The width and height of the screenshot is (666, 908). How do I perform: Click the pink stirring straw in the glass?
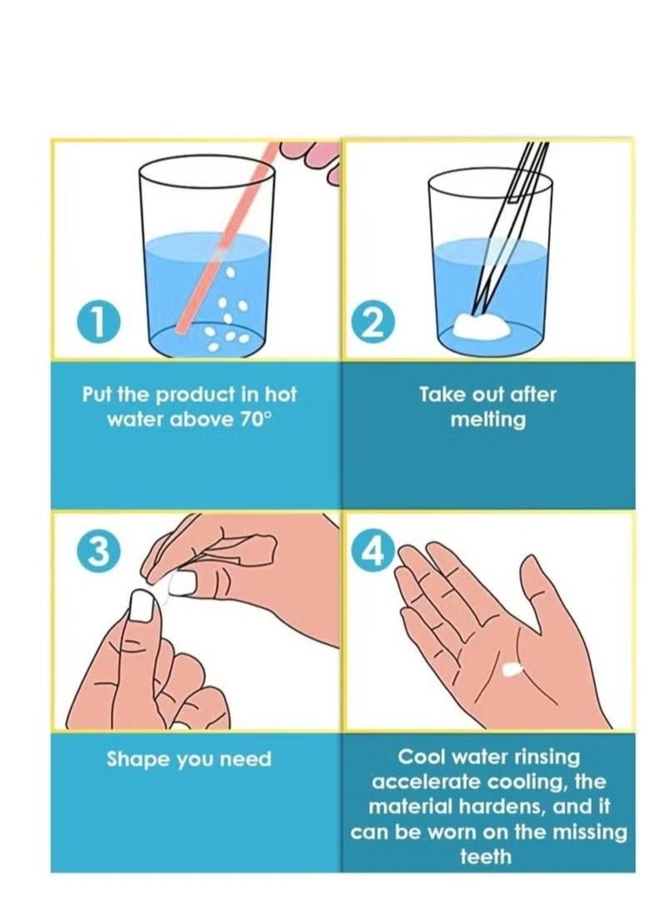225,238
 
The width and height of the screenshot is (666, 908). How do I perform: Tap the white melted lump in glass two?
482,326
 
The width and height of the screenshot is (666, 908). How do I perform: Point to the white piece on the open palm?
510,670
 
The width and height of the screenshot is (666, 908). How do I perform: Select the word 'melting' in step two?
488,420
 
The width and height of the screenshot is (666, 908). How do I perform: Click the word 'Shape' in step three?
138,760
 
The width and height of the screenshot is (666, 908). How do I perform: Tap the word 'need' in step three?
247,759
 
